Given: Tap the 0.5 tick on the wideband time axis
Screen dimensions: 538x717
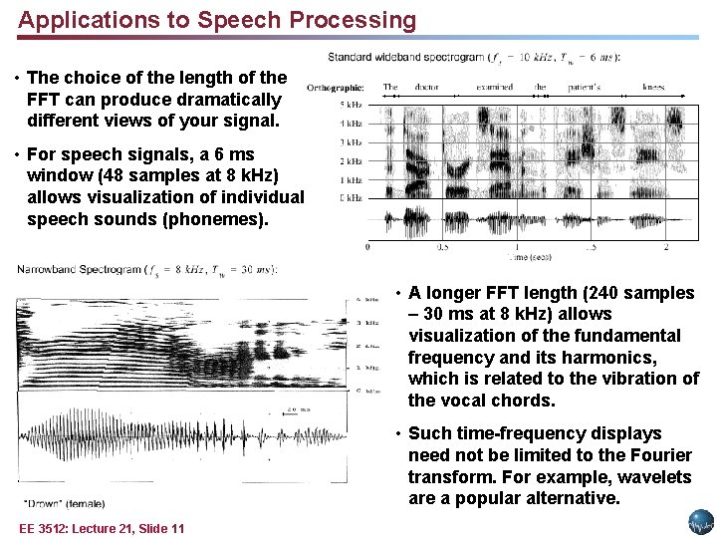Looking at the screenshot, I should tap(441, 247).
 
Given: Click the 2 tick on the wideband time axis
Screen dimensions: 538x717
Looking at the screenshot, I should tap(666, 247).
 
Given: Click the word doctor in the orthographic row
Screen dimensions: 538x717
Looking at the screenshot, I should tap(427, 88).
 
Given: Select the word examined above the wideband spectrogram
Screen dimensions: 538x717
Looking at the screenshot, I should tap(495, 88).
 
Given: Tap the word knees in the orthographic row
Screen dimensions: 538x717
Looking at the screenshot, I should tap(653, 88).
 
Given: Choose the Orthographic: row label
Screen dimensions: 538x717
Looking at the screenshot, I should tap(336, 88).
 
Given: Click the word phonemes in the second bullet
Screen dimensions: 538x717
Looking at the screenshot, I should tap(217, 219).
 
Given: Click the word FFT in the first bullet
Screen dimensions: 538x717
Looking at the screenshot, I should tap(45, 100).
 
